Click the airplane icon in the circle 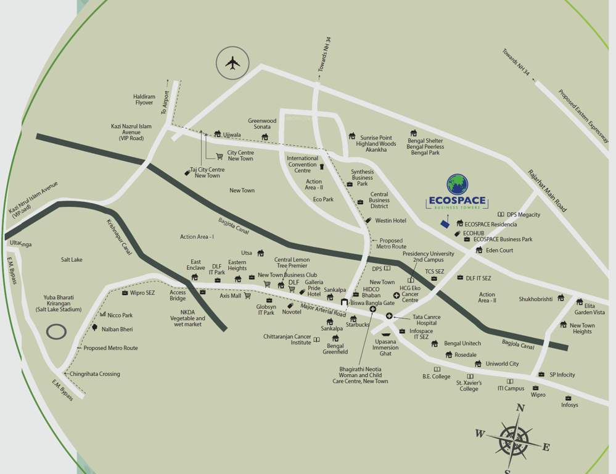[x=232, y=63]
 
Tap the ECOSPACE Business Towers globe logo [x=457, y=185]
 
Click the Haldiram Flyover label [x=144, y=99]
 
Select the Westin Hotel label [x=390, y=220]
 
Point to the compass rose [x=513, y=439]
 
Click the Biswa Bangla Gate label [x=372, y=303]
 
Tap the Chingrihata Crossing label [x=94, y=374]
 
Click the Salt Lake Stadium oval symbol [x=57, y=331]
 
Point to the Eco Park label [x=323, y=199]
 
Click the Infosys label [x=569, y=405]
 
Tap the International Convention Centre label [x=302, y=164]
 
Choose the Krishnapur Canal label [x=118, y=237]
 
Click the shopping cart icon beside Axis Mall [x=247, y=296]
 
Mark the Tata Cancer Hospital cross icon [x=389, y=316]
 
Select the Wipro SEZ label [x=142, y=293]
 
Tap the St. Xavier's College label [x=469, y=386]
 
